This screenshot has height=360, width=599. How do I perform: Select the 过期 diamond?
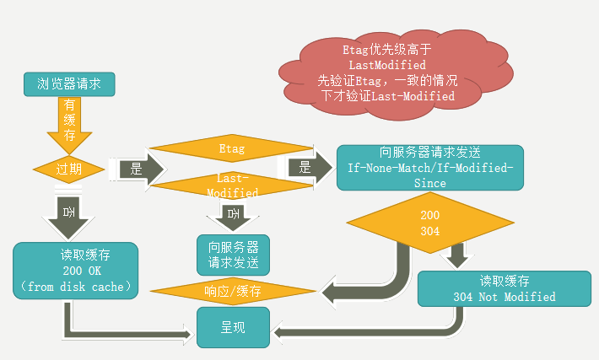tap(69, 168)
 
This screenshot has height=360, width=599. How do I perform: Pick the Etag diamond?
tap(231, 149)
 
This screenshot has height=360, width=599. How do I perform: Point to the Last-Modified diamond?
tap(231, 185)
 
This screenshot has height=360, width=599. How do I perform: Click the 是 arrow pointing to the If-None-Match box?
tap(308, 167)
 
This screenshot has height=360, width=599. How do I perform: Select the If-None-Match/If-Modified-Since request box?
tap(430, 167)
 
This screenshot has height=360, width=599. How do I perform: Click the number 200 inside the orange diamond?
tap(429, 216)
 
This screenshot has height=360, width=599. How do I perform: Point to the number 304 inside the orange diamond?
tap(429, 230)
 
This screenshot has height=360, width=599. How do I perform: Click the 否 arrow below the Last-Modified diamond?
tap(233, 216)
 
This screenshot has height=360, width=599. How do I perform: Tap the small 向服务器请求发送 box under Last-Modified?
tap(233, 255)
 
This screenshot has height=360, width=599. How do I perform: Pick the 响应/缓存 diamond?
tap(233, 291)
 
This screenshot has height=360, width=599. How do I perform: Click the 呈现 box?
tap(233, 327)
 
